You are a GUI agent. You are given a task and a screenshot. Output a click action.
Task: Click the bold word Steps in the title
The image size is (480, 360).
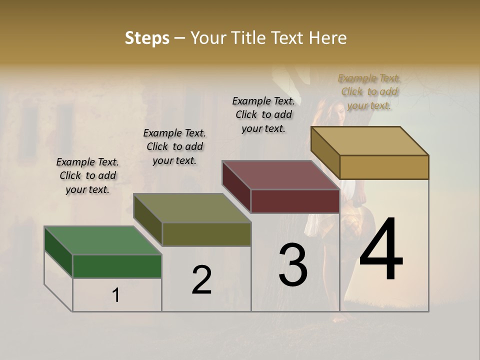pos(147,38)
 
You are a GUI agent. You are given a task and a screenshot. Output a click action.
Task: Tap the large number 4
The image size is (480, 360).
pos(381,249)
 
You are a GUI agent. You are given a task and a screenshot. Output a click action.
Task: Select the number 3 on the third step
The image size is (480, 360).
pos(292,264)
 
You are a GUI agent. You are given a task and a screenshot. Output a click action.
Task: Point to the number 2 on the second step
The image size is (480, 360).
pos(201,280)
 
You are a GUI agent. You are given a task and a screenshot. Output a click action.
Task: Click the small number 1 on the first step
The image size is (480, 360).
pos(116,295)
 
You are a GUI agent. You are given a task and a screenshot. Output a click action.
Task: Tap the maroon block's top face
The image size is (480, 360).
pos(280,175)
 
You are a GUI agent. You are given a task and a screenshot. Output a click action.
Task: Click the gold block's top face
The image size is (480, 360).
pos(369,141)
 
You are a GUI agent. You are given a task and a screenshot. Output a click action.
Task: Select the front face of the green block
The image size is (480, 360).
pos(117,266)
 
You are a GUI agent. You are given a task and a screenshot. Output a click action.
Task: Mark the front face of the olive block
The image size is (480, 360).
pos(206,234)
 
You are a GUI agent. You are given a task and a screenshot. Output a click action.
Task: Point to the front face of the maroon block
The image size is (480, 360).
pos(295,201)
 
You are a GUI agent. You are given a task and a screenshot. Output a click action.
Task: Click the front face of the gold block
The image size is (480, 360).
pos(384,167)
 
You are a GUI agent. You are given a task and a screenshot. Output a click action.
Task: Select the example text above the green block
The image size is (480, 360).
pos(87,175)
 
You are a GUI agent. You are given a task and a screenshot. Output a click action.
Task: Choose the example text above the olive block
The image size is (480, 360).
pos(174,146)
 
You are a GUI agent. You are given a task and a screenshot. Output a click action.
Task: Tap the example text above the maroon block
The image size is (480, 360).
pos(263,114)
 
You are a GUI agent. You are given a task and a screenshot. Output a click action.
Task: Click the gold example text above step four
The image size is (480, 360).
pos(369,91)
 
